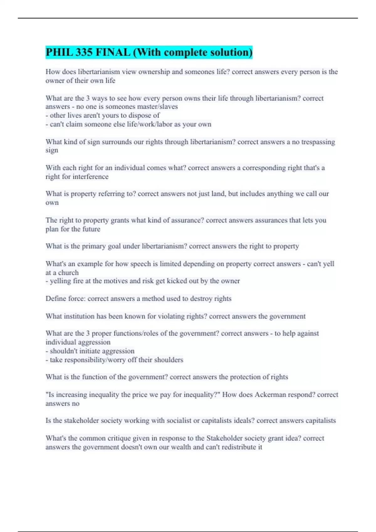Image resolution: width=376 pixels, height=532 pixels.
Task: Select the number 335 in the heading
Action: point(84,52)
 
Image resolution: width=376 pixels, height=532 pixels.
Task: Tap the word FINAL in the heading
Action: point(113,52)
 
